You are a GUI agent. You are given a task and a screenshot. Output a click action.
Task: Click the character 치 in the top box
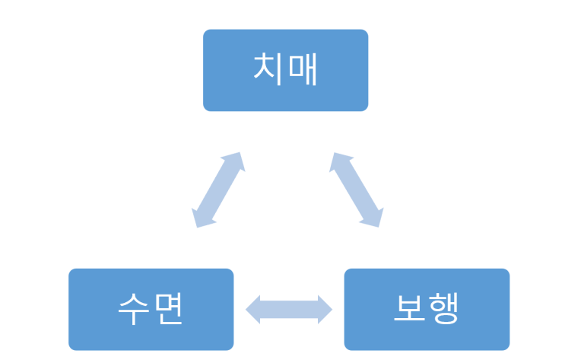point(268,70)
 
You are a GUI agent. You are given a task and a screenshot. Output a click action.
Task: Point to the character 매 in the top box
point(302,70)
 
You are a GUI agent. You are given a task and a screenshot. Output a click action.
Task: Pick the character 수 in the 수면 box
point(134,309)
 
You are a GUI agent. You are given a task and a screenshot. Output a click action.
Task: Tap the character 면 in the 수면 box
point(168,309)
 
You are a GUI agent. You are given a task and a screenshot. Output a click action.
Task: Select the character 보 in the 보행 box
point(409,309)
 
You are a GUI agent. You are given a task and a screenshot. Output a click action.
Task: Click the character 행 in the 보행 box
point(443,309)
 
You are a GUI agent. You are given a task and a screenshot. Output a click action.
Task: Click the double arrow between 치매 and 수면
point(217,190)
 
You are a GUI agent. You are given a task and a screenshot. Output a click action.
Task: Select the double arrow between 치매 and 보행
point(355,190)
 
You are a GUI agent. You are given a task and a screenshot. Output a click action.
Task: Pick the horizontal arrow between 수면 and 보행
point(289,309)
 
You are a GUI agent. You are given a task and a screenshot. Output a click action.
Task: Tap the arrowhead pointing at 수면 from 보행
point(254,309)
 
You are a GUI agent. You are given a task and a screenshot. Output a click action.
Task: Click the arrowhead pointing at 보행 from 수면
point(325,309)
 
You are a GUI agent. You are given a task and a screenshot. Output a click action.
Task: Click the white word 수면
point(151,309)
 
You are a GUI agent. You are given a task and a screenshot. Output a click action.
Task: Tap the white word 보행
point(427,309)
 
